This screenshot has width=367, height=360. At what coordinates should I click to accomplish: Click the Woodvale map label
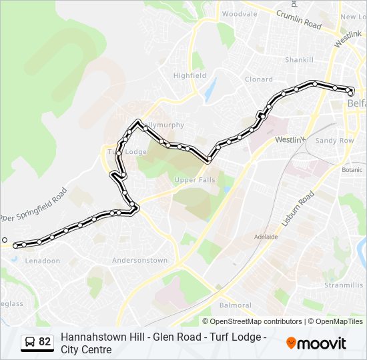(239, 14)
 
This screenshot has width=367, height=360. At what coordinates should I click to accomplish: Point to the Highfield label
(190, 76)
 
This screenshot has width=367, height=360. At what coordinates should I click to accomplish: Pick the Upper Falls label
(195, 180)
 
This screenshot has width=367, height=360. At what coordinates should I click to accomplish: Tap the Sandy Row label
(334, 141)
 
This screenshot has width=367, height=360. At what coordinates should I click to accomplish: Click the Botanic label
(352, 170)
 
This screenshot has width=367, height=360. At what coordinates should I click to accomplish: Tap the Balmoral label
(236, 306)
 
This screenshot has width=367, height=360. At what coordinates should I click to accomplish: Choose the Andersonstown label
(139, 260)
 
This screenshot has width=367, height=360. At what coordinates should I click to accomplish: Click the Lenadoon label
(42, 261)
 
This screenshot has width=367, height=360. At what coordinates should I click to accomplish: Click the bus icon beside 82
(29, 342)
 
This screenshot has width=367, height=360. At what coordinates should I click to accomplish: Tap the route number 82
(45, 342)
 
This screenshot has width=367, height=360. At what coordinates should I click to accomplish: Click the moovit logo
(316, 343)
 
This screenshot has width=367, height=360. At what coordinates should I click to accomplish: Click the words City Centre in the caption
(86, 349)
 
